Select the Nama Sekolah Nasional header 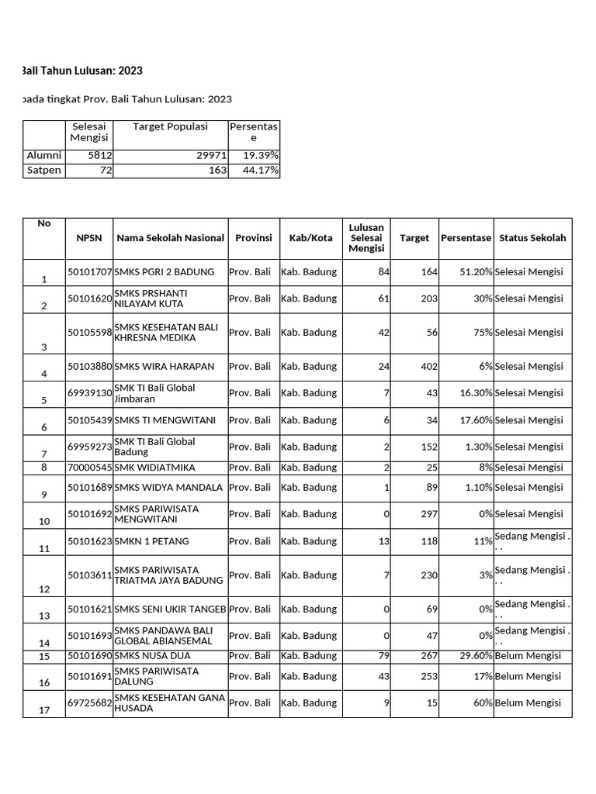[x=170, y=238]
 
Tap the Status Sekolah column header [x=532, y=238]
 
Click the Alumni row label [x=43, y=156]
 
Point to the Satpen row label [x=43, y=171]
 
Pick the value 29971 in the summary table [x=210, y=156]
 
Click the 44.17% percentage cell [x=262, y=171]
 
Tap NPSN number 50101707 [x=90, y=272]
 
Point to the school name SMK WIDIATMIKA [x=154, y=468]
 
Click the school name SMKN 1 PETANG [x=151, y=541]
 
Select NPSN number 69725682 [x=90, y=703]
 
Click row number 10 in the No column [x=44, y=521]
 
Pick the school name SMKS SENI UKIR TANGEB [x=170, y=609]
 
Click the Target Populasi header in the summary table [x=171, y=127]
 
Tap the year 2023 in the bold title [x=130, y=71]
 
